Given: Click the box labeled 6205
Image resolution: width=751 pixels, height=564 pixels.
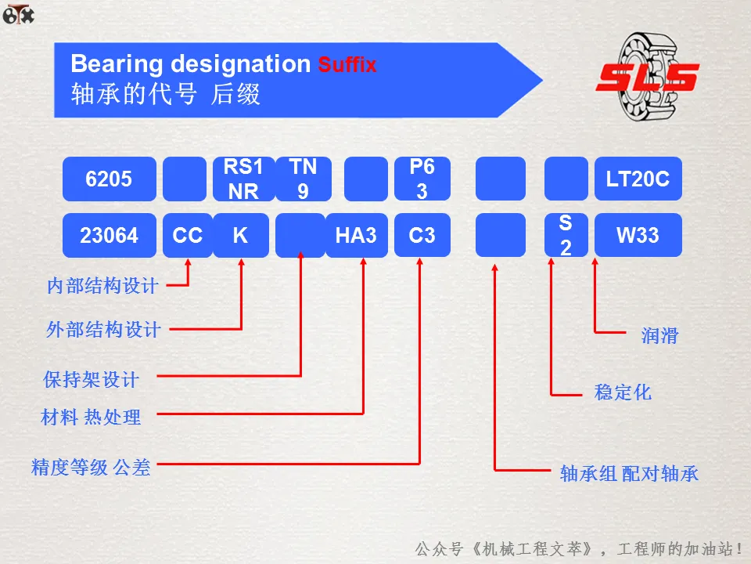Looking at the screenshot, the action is (x=109, y=179).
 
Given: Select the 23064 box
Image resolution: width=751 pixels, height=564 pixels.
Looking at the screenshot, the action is (x=109, y=235).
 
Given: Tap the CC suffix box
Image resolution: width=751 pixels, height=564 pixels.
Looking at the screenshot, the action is (x=187, y=235).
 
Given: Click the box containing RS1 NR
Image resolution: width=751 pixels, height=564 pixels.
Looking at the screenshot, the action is (x=243, y=179).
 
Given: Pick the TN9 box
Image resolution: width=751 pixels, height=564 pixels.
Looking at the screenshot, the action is (x=303, y=179).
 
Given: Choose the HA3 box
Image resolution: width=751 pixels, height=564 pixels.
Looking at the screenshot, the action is (x=356, y=235).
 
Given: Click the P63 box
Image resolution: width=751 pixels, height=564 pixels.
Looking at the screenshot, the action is (x=422, y=179).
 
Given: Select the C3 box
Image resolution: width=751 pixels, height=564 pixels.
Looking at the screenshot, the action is (x=422, y=235).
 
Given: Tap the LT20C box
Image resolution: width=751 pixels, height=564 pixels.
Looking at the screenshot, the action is (x=638, y=179).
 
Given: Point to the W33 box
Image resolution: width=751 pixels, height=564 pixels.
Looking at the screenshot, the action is (x=638, y=235).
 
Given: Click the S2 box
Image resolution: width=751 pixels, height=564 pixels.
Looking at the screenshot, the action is (x=566, y=235).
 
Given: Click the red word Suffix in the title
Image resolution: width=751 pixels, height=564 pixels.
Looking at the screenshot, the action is (x=347, y=64).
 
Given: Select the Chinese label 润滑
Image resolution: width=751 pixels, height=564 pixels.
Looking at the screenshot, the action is (x=659, y=336).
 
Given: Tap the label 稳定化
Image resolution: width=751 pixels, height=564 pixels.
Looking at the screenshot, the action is (x=623, y=392).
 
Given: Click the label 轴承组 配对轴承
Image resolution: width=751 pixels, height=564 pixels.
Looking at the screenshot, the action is (x=629, y=473).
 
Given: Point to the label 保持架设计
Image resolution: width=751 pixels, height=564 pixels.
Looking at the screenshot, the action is (x=91, y=380).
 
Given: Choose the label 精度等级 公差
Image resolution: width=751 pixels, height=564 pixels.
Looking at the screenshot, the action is (x=90, y=468).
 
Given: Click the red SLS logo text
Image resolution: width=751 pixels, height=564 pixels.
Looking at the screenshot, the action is (x=647, y=77).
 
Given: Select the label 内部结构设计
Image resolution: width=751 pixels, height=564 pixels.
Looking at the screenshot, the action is (x=102, y=286).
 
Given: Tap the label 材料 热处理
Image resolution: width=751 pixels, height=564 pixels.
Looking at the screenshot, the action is (x=91, y=418).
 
